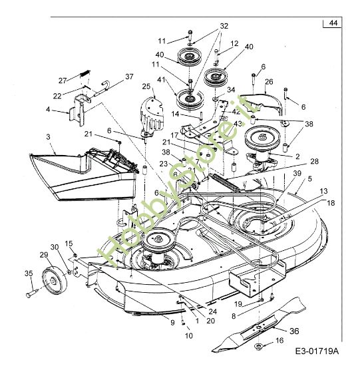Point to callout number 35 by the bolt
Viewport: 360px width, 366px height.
coord(28,274)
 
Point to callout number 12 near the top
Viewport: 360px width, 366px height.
coord(234,44)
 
